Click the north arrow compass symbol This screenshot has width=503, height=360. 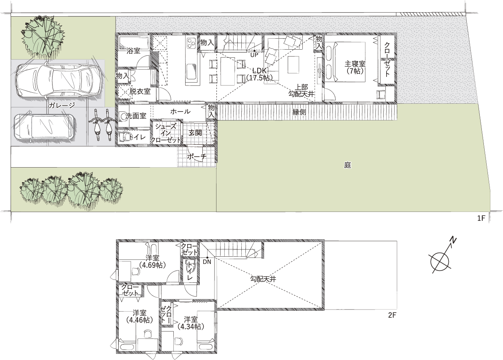pyautogui.click(x=440, y=262)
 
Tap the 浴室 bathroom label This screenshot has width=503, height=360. pyautogui.click(x=133, y=51)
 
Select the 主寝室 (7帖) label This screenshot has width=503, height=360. pyautogui.click(x=355, y=68)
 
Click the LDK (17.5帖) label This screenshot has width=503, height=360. pyautogui.click(x=259, y=74)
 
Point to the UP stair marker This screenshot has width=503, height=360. pyautogui.click(x=254, y=55)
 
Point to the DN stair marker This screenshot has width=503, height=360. pyautogui.click(x=207, y=262)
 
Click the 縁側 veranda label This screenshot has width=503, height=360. pyautogui.click(x=299, y=112)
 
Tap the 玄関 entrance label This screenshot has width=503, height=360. pyautogui.click(x=195, y=133)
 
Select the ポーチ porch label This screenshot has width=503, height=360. pyautogui.click(x=197, y=157)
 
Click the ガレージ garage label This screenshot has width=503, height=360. pyautogui.click(x=62, y=105)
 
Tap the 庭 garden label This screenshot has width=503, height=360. pyautogui.click(x=348, y=166)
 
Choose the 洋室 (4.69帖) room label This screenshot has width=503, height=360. pyautogui.click(x=153, y=262)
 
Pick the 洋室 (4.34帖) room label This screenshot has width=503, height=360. pyautogui.click(x=191, y=323)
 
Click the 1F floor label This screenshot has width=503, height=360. pyautogui.click(x=481, y=218)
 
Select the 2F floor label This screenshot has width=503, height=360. pyautogui.click(x=392, y=315)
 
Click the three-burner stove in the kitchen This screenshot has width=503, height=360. pyautogui.click(x=191, y=44)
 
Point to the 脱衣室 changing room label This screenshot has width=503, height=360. pyautogui.click(x=140, y=92)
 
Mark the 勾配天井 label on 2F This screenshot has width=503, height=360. pyautogui.click(x=263, y=279)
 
